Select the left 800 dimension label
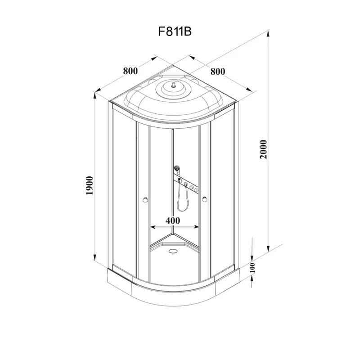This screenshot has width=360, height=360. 130,71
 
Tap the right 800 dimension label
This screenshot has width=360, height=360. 217,71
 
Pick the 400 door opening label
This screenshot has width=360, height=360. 173,220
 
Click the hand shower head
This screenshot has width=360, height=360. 177,170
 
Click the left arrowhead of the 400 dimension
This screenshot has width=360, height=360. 152,227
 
